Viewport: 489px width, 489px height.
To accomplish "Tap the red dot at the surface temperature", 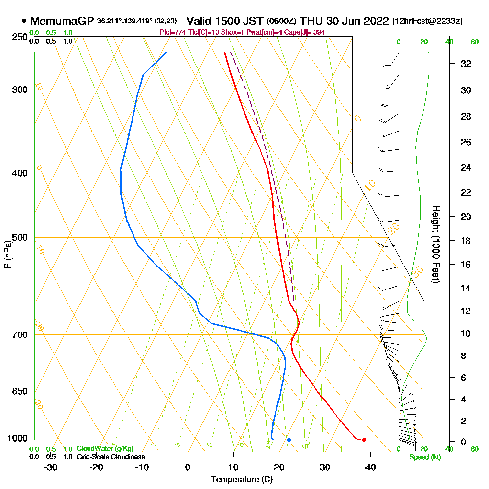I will point(364,440).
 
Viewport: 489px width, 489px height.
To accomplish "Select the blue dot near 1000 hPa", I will point(289,440).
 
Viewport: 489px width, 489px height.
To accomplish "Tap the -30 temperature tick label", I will point(51,467).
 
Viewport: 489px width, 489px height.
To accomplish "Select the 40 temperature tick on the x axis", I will point(370,467).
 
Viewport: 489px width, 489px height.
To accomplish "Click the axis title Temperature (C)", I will point(242,479).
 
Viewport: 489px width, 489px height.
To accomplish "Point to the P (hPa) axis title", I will point(7,254).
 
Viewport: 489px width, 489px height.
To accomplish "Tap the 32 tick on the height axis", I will point(466,64).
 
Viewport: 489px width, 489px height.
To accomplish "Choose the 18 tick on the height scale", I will point(466,241).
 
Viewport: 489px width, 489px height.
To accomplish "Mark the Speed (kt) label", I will point(424,457).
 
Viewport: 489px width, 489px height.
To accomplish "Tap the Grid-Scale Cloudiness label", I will point(110,457).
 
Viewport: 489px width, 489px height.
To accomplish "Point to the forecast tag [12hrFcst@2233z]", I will point(427,22).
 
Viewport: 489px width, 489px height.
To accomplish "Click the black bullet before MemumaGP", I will point(23,21).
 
